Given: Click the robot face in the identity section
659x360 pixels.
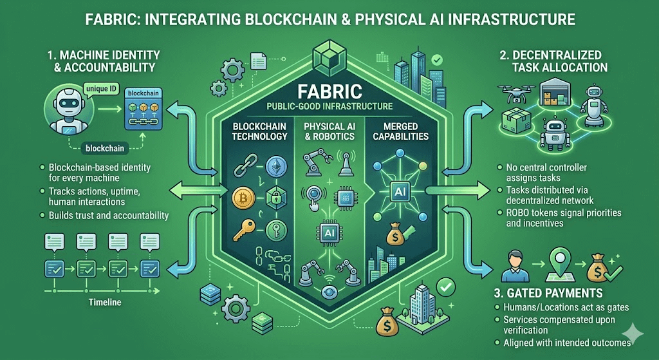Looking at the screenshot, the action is coord(62,104).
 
